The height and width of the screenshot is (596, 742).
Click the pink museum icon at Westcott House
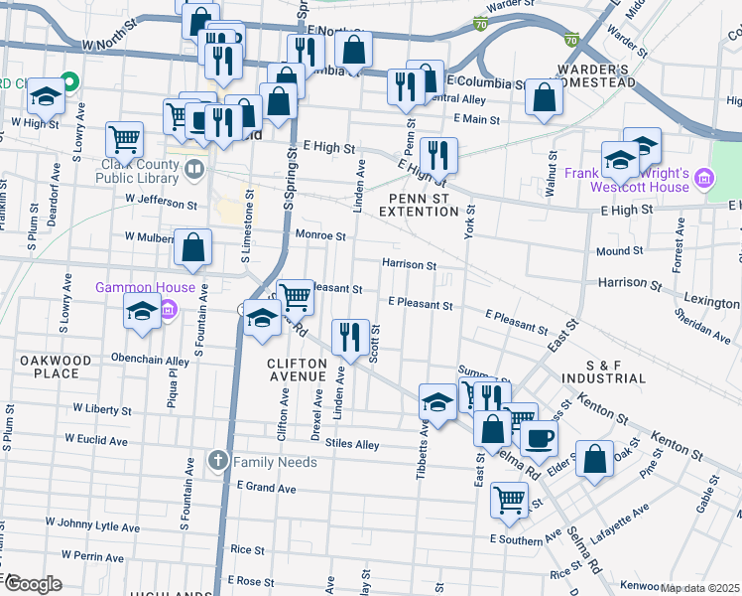point(704,180)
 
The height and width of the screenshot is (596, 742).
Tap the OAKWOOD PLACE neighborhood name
point(56,367)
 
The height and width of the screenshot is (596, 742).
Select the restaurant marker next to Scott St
point(347,337)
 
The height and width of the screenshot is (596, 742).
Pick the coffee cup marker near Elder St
point(539,437)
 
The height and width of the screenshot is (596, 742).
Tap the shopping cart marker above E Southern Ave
point(509,499)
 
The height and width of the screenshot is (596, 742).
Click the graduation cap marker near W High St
point(46,95)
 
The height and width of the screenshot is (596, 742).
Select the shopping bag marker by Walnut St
point(543,98)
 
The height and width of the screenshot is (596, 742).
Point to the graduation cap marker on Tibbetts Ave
point(436,401)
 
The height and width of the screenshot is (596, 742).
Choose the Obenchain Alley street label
point(150,361)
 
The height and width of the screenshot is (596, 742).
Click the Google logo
point(33,583)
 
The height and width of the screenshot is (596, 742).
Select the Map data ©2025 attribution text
point(698,588)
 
